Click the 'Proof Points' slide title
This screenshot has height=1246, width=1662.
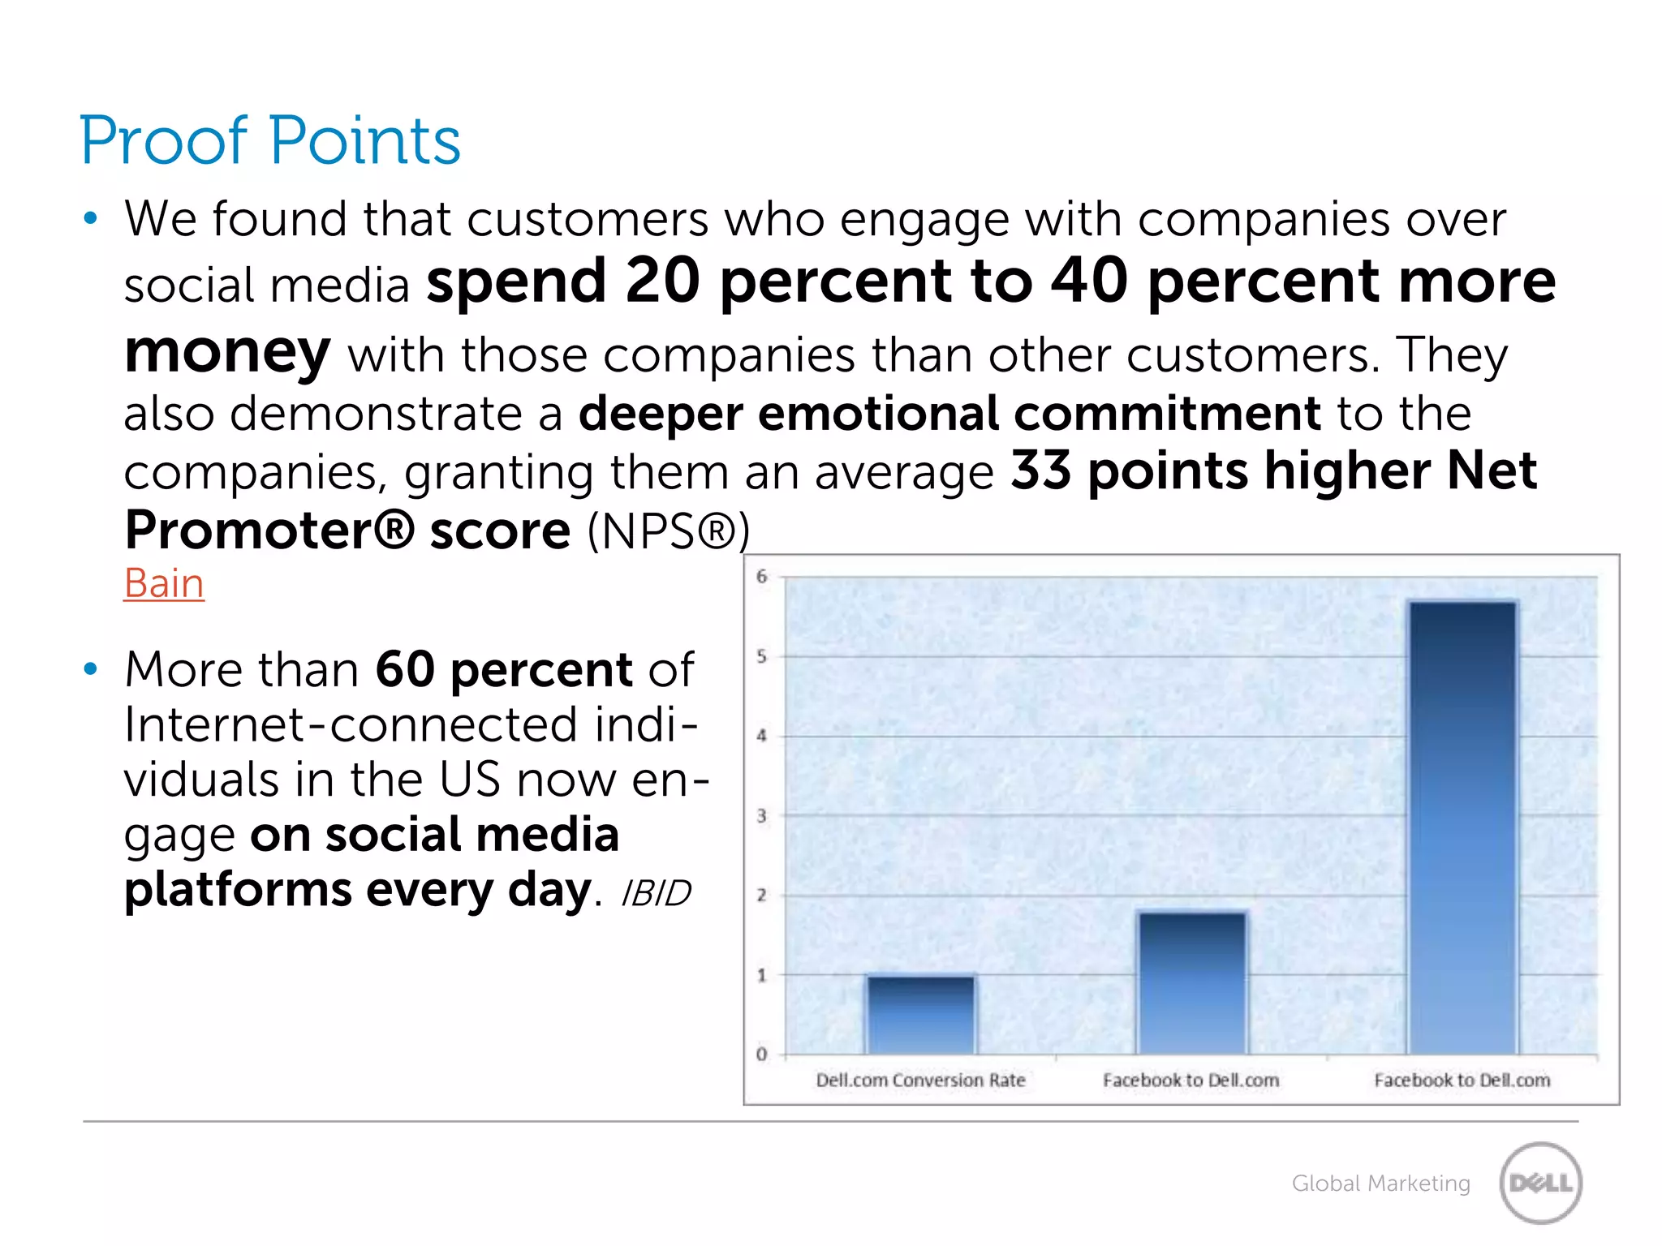pos(270,140)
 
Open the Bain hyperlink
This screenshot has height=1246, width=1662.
pos(164,583)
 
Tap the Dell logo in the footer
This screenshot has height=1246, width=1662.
pos(1540,1183)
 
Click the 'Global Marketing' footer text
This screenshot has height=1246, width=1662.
pos(1380,1184)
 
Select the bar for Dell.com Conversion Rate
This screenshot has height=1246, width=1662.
pos(920,1015)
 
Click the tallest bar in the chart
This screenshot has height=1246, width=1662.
pos(1462,827)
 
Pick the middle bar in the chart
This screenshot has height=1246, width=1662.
pos(1191,983)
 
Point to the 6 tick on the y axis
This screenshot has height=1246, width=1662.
pos(761,577)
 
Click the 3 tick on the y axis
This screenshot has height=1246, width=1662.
pos(761,816)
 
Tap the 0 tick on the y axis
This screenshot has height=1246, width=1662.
pos(761,1055)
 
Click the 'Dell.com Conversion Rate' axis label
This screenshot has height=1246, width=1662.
pos(920,1081)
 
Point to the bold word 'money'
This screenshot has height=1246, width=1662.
pos(227,354)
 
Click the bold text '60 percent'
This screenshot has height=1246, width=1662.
pos(503,670)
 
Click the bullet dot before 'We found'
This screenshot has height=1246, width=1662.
pos(90,218)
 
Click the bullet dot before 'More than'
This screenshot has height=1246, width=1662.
pos(90,669)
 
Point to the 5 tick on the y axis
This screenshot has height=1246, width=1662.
pos(761,656)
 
